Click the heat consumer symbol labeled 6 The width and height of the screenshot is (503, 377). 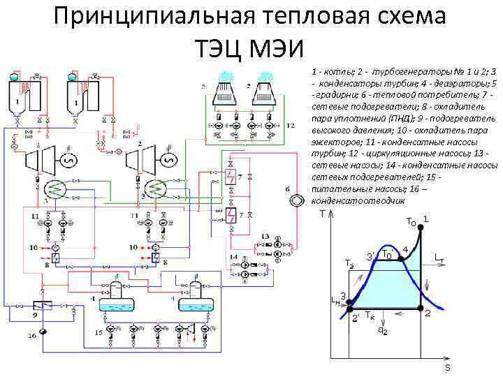coord(298,197)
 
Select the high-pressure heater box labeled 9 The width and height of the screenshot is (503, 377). coord(44,306)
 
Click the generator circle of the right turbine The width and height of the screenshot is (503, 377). coord(166,161)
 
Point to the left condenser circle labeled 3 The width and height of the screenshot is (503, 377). coord(54,188)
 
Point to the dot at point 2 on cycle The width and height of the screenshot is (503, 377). coord(420,307)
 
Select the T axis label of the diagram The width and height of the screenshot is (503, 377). coord(321,214)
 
